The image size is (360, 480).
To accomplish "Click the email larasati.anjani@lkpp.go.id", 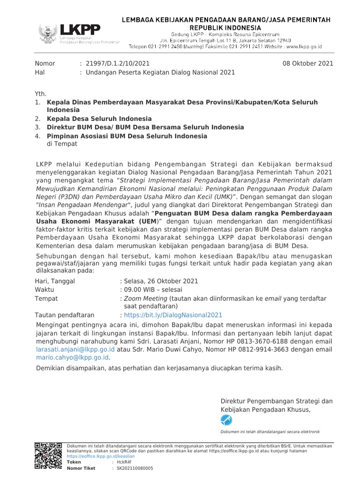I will (75, 349).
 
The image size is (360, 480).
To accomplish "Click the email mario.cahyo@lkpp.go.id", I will (72, 357).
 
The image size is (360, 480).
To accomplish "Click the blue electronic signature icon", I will (226, 420).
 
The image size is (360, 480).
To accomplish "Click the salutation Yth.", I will (41, 94).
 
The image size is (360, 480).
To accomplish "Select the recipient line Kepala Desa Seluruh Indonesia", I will (99, 119).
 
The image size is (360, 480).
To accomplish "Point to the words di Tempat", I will (62, 144).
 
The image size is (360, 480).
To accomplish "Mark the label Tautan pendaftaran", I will (65, 315).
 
